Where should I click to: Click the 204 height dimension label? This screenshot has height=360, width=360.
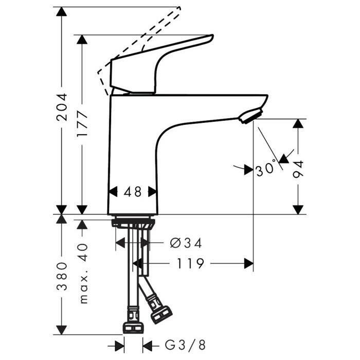[x=62, y=107]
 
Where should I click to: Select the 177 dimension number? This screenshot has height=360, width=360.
[x=82, y=124]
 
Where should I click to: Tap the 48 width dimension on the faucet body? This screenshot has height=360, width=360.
[x=133, y=192]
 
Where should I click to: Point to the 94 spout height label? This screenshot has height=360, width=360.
[x=298, y=169]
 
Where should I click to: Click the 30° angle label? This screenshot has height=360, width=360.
[x=265, y=169]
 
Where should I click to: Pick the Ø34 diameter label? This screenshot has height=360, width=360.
[x=186, y=243]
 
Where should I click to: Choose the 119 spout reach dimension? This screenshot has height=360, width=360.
[x=190, y=263]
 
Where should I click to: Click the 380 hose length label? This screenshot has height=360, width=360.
[x=62, y=276]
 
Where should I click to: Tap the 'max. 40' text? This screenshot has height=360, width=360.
[x=82, y=274]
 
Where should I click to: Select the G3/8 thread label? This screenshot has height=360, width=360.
[x=185, y=345]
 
